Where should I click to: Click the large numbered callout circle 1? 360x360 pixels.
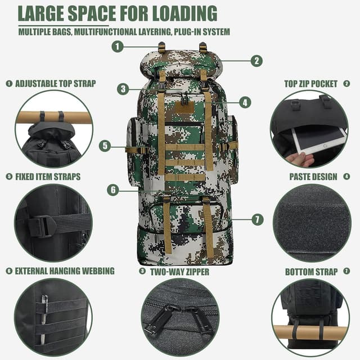[118, 47]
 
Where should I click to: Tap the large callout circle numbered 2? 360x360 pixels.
[256, 61]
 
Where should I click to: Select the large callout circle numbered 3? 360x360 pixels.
[123, 89]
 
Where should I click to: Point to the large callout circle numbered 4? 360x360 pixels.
[245, 102]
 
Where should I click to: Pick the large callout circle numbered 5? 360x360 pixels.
[105, 146]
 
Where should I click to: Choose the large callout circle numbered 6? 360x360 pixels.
[113, 190]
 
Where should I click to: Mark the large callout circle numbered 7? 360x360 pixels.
[258, 219]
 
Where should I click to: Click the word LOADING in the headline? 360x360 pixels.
[185, 13]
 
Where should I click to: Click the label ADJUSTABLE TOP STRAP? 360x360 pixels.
[56, 84]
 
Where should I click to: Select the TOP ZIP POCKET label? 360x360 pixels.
[311, 84]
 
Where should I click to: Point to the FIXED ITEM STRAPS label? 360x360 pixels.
[48, 177]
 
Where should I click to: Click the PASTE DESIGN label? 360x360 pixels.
[313, 177]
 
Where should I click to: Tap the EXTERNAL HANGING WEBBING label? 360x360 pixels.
[65, 271]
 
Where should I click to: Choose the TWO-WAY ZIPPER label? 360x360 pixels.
[179, 272]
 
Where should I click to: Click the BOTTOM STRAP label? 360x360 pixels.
[311, 272]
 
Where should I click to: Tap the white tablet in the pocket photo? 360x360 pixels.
[319, 139]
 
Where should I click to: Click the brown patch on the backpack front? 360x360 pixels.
[184, 107]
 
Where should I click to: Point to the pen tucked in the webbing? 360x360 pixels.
[44, 319]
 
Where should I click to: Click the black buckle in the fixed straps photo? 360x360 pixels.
[43, 227]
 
